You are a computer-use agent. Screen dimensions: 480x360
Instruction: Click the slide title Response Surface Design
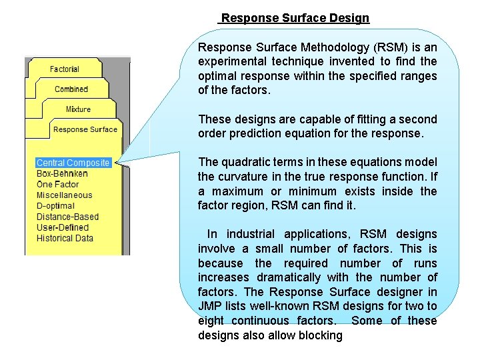click(295, 18)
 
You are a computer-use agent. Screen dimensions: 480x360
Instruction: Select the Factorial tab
click(65, 69)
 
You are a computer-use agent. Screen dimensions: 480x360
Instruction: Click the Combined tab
click(71, 89)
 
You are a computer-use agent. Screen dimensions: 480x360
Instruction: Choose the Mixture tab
click(78, 109)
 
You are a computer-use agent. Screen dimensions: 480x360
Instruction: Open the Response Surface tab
click(85, 129)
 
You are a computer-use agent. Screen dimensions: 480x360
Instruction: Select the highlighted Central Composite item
click(73, 163)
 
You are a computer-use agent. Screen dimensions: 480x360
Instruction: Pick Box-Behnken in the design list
click(62, 173)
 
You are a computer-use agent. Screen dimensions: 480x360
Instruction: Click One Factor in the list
click(58, 184)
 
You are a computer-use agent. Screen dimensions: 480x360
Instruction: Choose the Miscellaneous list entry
click(65, 195)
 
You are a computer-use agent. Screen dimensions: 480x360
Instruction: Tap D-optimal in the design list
click(55, 206)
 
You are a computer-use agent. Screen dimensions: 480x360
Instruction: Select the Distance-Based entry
click(67, 217)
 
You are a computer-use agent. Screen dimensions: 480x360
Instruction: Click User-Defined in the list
click(62, 227)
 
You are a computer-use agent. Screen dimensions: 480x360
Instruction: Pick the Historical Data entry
click(65, 238)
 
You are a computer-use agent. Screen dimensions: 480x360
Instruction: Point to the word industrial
click(247, 234)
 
